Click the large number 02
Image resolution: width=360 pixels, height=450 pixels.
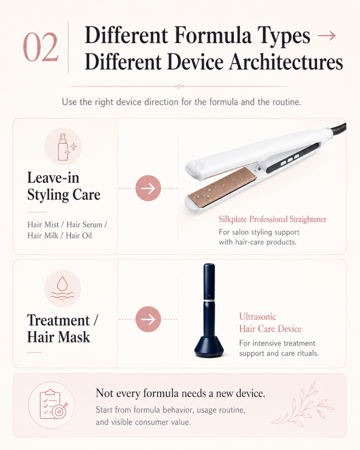pyautogui.click(x=41, y=47)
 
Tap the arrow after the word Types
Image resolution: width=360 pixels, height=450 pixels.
pyautogui.click(x=327, y=36)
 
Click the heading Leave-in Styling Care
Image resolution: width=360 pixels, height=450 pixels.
pyautogui.click(x=64, y=186)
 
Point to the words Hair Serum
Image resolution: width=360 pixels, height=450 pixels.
pyautogui.click(x=84, y=225)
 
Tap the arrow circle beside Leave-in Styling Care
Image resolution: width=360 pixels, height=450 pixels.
pyautogui.click(x=148, y=188)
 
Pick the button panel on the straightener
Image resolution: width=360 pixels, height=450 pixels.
pyautogui.click(x=292, y=159)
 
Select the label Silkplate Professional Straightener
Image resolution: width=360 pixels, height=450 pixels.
pyautogui.click(x=273, y=219)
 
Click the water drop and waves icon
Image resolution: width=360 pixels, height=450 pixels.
pyautogui.click(x=62, y=288)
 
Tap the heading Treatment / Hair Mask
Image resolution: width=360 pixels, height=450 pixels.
pyautogui.click(x=62, y=328)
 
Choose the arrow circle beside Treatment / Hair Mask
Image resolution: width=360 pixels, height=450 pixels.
pyautogui.click(x=148, y=319)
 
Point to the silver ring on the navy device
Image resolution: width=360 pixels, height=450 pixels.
pyautogui.click(x=209, y=300)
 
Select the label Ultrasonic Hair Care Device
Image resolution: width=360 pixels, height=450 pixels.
pyautogui.click(x=270, y=323)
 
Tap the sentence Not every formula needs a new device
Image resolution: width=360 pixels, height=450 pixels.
pyautogui.click(x=180, y=393)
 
